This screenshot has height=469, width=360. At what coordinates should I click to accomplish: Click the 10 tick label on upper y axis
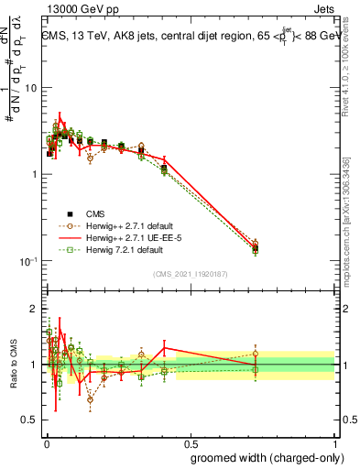tap(30, 88)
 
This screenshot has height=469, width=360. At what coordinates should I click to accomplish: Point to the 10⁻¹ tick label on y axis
tap(27, 261)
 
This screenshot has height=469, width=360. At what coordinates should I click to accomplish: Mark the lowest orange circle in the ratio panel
tap(90, 399)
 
